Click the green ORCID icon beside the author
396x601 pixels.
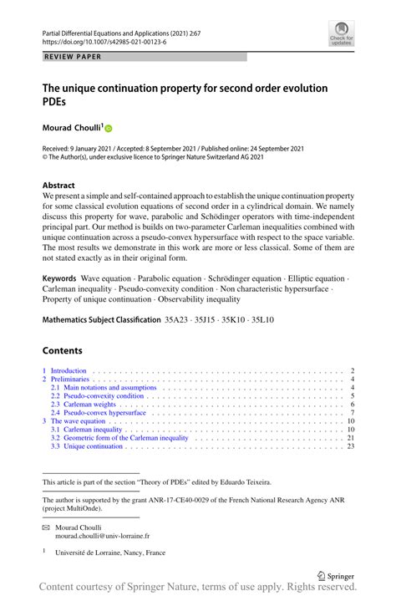pos(108,129)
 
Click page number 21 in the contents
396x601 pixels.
pos(351,438)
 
